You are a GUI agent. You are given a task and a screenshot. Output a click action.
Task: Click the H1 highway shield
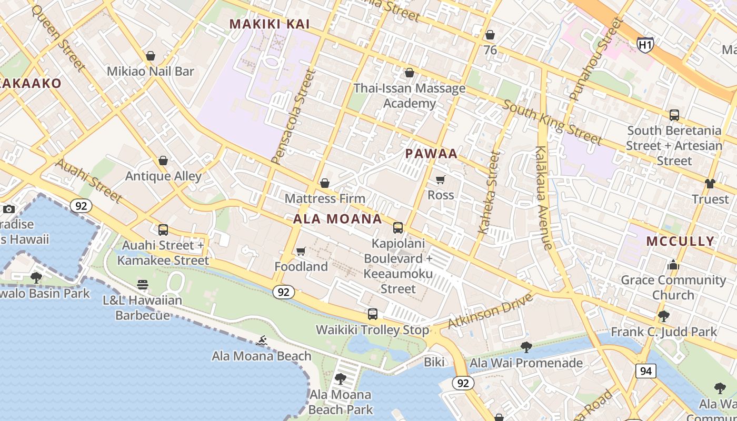point(645,45)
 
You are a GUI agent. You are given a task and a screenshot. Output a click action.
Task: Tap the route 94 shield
point(645,371)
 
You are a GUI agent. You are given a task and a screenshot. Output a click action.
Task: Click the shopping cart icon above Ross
point(441,180)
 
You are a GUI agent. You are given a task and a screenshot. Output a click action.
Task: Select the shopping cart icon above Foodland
point(301,252)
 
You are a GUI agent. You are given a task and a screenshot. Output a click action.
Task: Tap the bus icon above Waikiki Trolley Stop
point(373,314)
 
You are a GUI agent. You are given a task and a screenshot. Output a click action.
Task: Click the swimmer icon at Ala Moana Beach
point(262,341)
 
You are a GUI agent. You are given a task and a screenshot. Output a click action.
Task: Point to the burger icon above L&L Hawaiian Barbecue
point(143,285)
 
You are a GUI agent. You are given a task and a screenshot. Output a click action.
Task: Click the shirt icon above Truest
point(710,184)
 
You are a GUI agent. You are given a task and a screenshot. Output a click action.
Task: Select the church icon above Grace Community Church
point(673,265)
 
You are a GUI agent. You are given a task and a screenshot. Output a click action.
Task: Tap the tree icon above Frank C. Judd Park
point(663,316)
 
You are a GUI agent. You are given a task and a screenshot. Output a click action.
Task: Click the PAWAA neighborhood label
point(431,154)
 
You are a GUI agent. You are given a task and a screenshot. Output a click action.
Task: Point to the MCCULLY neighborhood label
point(680,242)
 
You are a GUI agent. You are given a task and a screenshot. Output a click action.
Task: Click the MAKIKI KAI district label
point(270,24)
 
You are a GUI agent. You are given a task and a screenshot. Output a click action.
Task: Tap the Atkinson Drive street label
point(491,311)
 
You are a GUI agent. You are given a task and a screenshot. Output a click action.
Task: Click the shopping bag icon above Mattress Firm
point(325,183)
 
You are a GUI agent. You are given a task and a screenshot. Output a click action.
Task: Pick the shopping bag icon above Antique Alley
point(163,161)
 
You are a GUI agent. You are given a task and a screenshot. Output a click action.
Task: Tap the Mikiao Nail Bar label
point(151,71)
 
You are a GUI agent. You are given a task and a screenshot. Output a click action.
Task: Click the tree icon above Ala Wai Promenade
point(525,347)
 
